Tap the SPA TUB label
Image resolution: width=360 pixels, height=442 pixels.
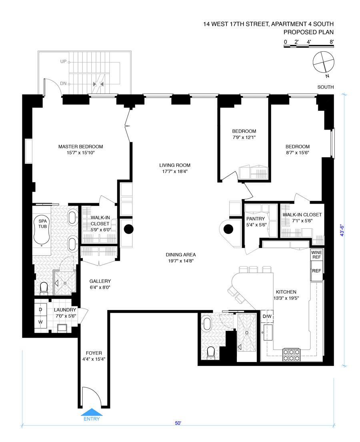(x=42, y=224)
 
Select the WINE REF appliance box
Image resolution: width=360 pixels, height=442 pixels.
(x=316, y=255)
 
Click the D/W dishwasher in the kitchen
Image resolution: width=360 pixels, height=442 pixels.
(x=267, y=316)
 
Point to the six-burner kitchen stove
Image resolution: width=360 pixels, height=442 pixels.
(x=291, y=355)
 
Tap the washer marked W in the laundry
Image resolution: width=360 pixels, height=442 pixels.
(x=40, y=322)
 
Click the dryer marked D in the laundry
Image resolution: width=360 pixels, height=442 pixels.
(x=40, y=310)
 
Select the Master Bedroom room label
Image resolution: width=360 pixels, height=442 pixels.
(x=81, y=146)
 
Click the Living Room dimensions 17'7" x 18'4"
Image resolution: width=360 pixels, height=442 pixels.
(x=175, y=171)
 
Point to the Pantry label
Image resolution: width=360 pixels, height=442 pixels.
(x=256, y=219)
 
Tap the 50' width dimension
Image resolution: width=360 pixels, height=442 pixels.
(x=178, y=423)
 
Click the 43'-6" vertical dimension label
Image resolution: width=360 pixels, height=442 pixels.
(x=342, y=230)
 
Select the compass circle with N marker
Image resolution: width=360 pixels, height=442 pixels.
(x=324, y=62)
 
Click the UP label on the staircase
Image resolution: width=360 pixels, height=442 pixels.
(x=64, y=62)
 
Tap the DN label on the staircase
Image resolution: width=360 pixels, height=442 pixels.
(x=64, y=84)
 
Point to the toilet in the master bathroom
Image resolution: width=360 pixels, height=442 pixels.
(x=44, y=288)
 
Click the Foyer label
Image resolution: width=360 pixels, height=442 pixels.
(x=94, y=353)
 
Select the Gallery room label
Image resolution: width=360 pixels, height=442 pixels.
(x=100, y=281)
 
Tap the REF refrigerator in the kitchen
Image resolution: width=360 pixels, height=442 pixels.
(x=316, y=271)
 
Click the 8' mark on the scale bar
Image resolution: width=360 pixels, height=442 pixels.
(x=332, y=42)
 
